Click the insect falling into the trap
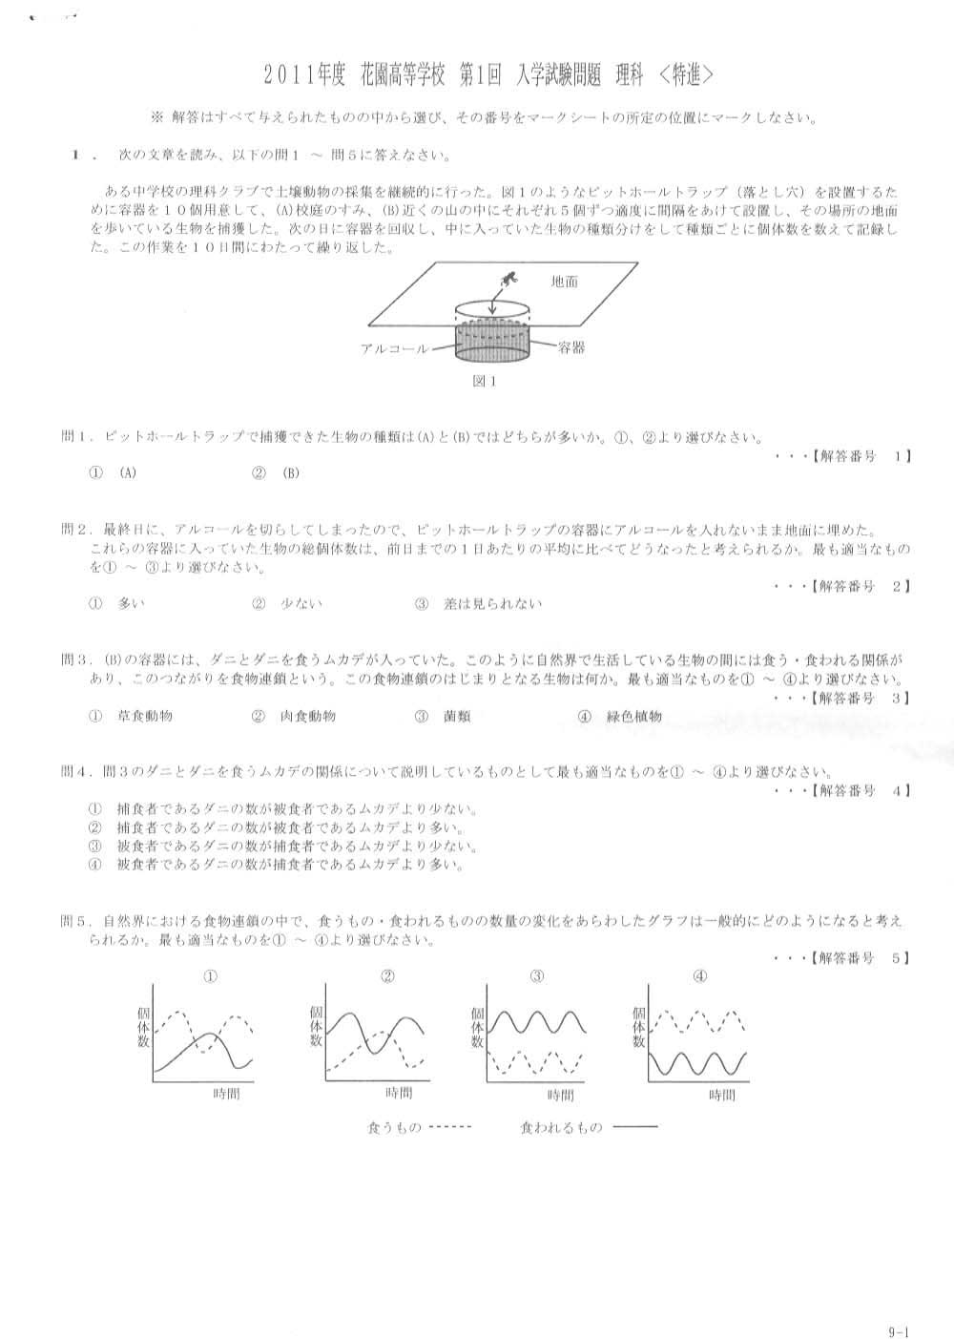[x=508, y=280]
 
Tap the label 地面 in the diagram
[x=564, y=282]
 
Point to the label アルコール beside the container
[x=395, y=349]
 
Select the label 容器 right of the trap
[x=571, y=348]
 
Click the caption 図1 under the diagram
[x=485, y=381]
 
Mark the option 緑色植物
[x=633, y=716]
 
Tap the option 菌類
[x=457, y=716]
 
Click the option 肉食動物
[x=307, y=716]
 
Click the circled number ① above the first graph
[x=211, y=976]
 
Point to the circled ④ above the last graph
[x=700, y=976]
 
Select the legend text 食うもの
[x=394, y=1128]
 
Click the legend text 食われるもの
[x=561, y=1128]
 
